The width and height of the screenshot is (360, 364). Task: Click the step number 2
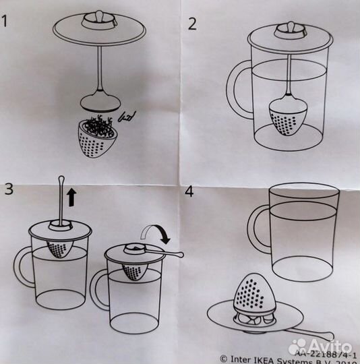(192, 24)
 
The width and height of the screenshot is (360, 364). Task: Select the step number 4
(189, 192)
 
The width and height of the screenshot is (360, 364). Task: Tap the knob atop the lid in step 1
(98, 14)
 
